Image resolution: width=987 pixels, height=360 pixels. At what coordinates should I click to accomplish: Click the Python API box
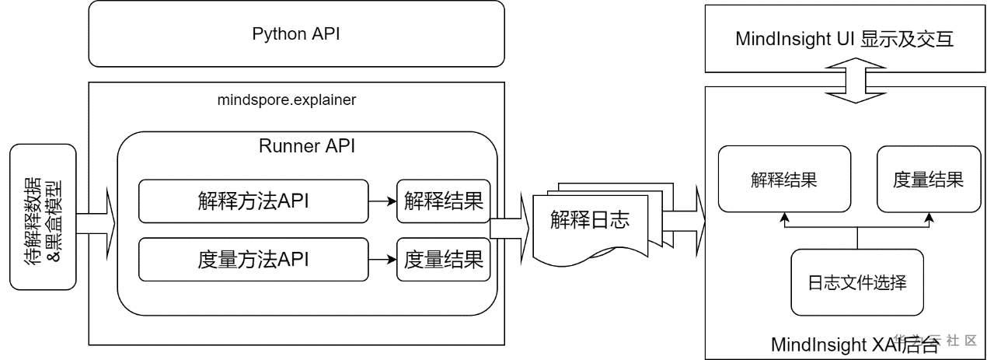pos(296,34)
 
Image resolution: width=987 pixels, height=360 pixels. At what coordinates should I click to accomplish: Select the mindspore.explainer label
pos(288,100)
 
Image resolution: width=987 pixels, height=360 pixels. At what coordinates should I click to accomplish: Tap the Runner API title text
pos(307,146)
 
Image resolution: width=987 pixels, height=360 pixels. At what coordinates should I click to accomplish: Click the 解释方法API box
pos(253,201)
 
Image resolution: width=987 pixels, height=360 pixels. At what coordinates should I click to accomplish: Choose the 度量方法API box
pos(253,260)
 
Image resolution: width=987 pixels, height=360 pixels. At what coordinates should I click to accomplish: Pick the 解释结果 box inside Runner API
pos(444,201)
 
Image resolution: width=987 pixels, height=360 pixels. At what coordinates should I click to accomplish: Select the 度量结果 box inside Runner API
pos(444,260)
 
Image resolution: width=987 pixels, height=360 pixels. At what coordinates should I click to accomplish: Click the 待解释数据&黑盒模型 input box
pos(44,217)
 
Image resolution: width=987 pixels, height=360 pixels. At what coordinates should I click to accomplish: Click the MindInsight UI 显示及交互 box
pos(845,38)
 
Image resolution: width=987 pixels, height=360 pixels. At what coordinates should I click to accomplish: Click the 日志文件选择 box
pos(856,282)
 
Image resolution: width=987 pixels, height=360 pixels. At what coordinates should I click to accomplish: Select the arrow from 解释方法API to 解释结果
pos(382,201)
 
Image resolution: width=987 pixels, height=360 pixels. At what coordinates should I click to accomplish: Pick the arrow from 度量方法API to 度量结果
pos(382,260)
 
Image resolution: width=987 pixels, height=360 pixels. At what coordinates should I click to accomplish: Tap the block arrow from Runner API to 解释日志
pos(511,230)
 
